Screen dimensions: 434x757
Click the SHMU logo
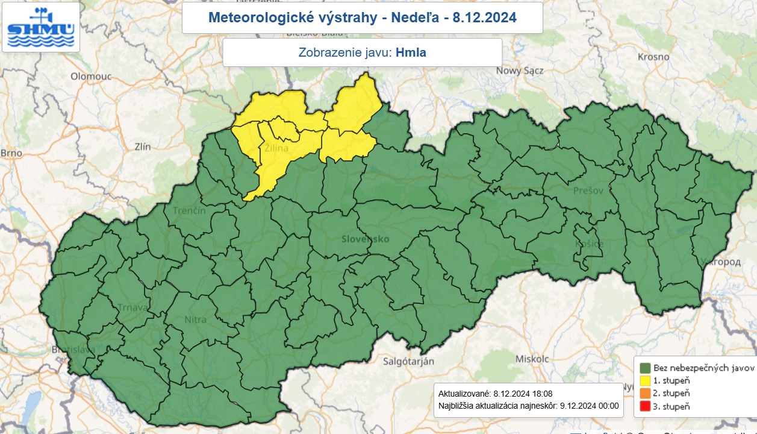[40, 27]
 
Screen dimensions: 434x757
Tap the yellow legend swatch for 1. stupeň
[644, 380]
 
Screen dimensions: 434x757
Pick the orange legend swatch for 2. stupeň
[644, 393]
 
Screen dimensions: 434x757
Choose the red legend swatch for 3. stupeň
[644, 406]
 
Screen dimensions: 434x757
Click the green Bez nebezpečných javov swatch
[644, 368]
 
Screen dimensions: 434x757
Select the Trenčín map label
[189, 211]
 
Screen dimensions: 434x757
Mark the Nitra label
[196, 319]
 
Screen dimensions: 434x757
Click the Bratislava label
[73, 350]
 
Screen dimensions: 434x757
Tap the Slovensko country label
[365, 239]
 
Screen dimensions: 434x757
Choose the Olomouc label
[92, 77]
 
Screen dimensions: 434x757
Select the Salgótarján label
[409, 361]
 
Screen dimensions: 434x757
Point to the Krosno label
[653, 57]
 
